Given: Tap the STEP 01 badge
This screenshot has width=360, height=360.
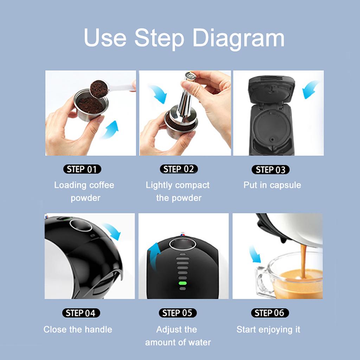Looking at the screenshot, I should (x=82, y=169).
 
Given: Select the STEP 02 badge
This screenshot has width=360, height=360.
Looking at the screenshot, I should (x=179, y=169).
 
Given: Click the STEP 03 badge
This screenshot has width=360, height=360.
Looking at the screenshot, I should (x=270, y=170).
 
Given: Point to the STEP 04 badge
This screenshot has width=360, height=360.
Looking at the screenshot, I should (x=81, y=313).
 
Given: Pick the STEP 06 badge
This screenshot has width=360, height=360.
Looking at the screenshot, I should (x=270, y=313).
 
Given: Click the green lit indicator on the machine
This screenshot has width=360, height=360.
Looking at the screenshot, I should (x=182, y=283).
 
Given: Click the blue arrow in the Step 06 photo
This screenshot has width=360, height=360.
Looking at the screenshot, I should (x=255, y=254).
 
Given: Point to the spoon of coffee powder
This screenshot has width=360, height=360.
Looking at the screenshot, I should (x=99, y=89).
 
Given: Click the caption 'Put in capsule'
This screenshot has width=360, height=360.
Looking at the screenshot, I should (x=272, y=185).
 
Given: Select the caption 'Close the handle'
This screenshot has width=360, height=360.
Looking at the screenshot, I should (x=78, y=329).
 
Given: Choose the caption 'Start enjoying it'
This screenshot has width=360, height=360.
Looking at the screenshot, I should (x=268, y=329).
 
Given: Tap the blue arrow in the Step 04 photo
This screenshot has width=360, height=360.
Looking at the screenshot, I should (x=112, y=231).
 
